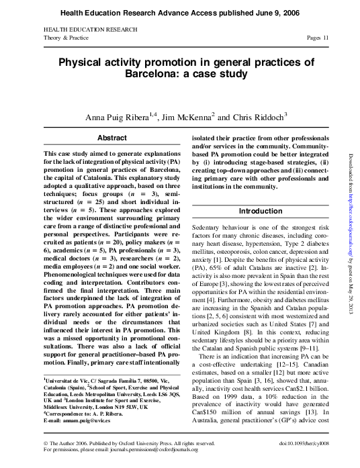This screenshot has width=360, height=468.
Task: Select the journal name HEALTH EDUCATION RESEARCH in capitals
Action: point(90,30)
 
